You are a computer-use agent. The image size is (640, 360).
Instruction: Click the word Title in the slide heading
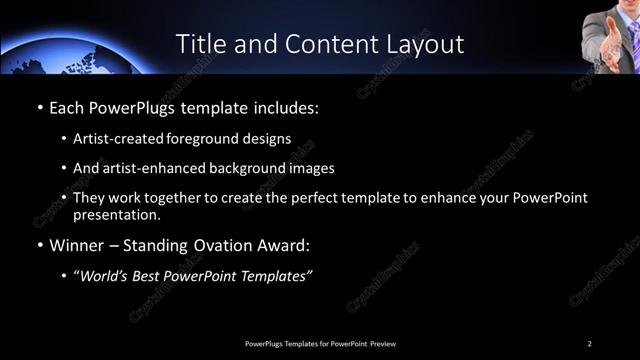pos(199,44)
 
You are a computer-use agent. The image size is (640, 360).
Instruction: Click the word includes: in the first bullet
pos(290,105)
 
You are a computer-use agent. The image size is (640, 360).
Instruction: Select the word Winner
pos(78,244)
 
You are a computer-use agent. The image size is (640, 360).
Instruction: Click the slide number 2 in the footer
pos(590,343)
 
